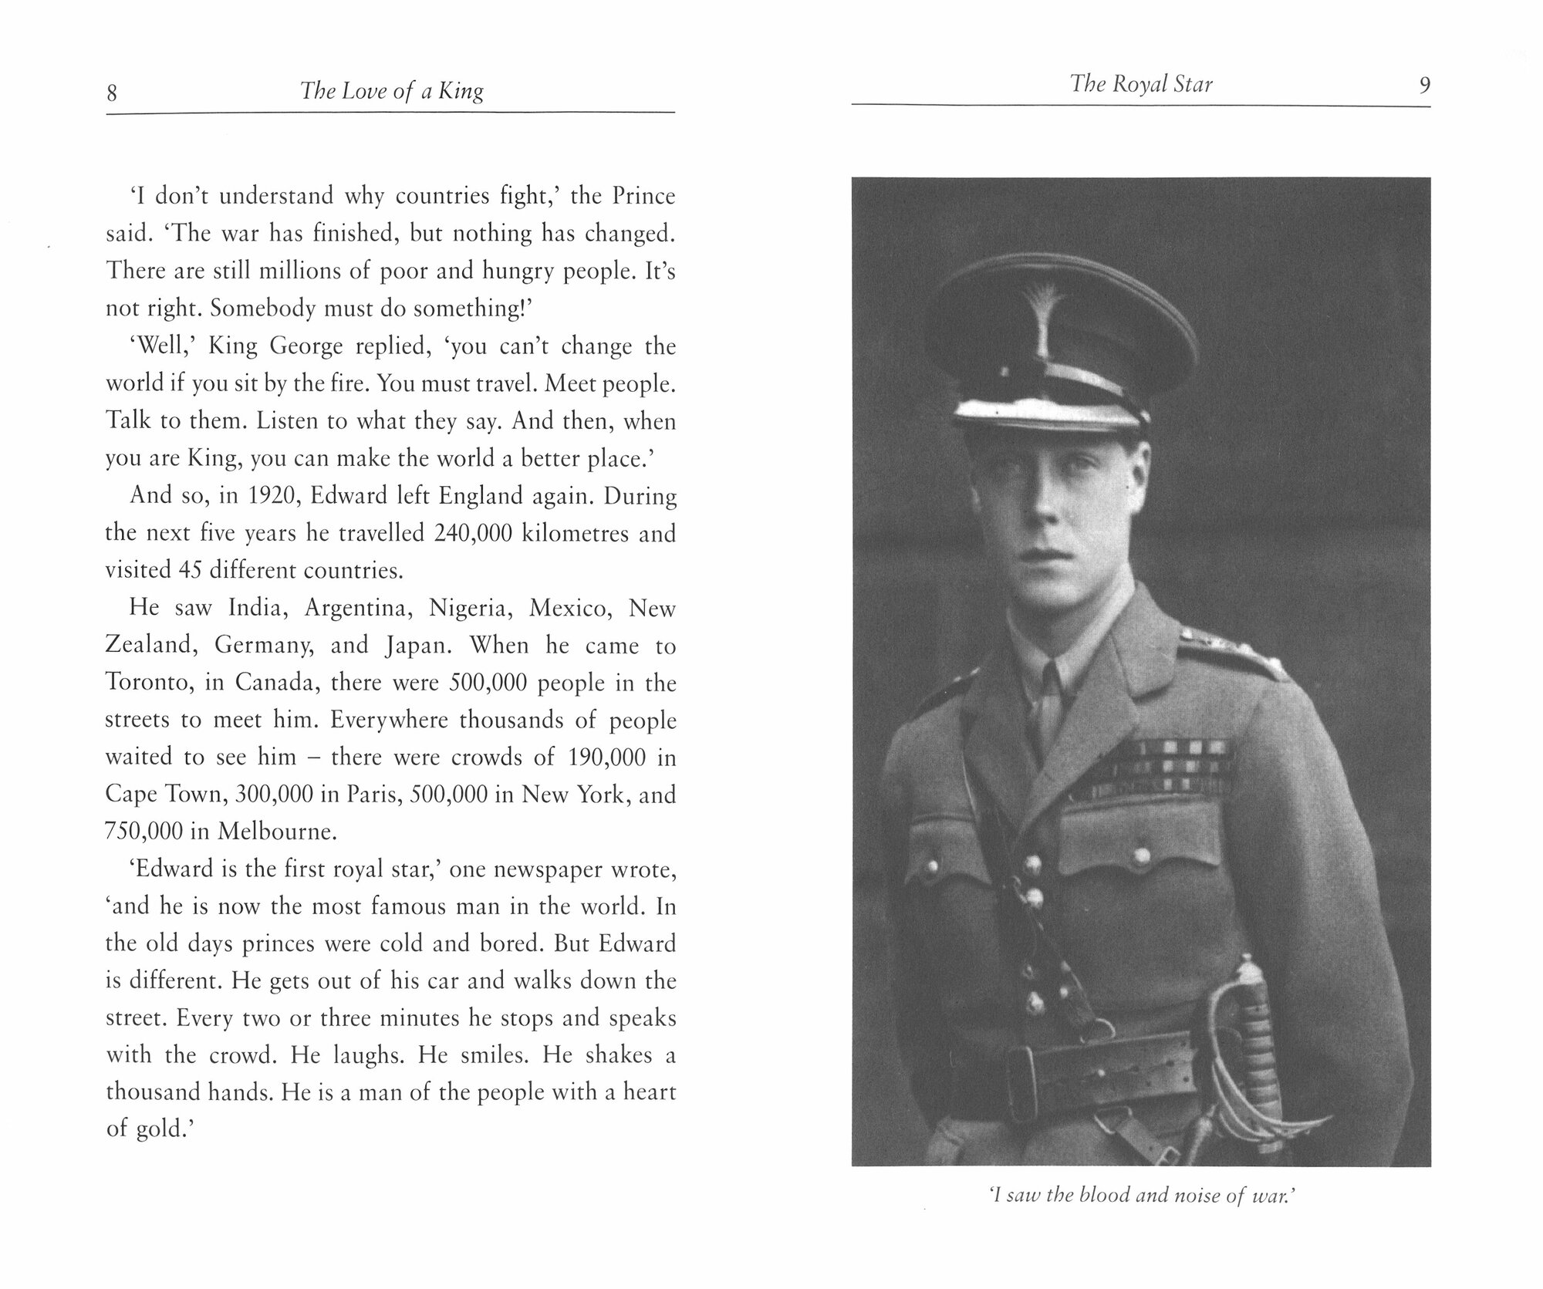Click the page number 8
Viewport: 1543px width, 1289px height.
coord(112,93)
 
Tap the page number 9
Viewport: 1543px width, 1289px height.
coord(1424,85)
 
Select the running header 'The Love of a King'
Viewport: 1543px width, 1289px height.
coord(392,92)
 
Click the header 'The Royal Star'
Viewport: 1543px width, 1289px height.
coord(1141,84)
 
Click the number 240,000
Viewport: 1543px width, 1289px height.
coord(472,533)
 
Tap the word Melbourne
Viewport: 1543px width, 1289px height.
coord(277,832)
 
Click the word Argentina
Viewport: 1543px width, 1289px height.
coord(355,609)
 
